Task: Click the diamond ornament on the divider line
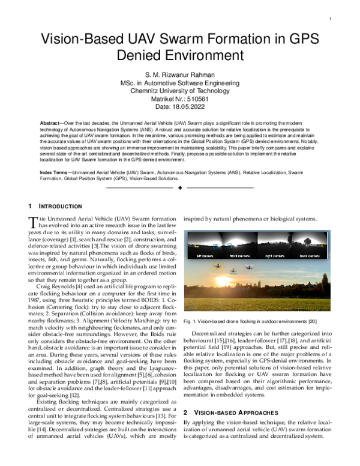click(x=180, y=188)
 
